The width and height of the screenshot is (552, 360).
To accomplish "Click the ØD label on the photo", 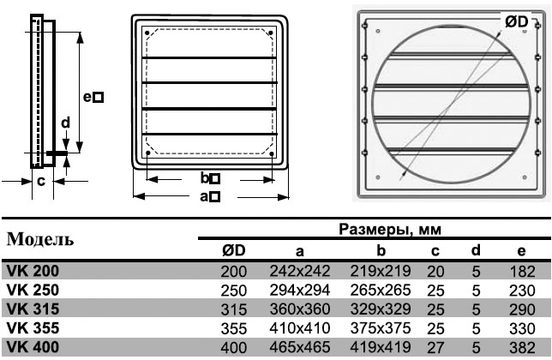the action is tap(517, 21).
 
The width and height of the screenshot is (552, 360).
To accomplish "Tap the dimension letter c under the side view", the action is tap(41, 181).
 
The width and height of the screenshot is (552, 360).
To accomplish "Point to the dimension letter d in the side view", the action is tap(65, 123).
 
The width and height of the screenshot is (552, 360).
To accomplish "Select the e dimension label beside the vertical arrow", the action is tap(93, 97).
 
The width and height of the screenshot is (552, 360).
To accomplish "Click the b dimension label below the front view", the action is tap(210, 178).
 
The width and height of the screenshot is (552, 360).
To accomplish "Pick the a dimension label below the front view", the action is tap(210, 196).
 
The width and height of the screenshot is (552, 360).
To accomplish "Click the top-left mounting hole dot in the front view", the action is tap(147, 33).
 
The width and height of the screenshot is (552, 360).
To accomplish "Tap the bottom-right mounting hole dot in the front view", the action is tap(272, 153).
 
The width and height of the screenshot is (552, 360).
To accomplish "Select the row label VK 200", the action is tap(33, 271).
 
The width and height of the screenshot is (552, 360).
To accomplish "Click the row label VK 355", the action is tap(33, 328).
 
